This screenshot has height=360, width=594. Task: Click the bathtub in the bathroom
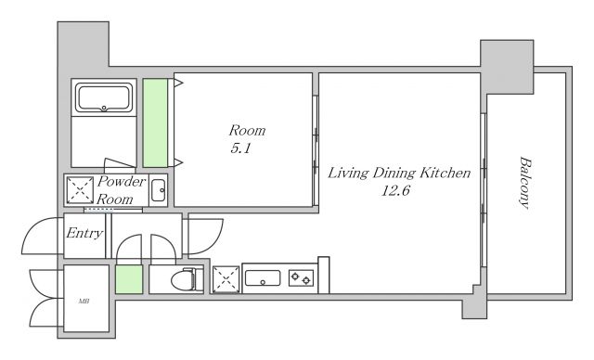pos(104,97)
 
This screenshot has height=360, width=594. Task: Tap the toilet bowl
pos(183,280)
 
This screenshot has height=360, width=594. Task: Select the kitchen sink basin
pos(263,277)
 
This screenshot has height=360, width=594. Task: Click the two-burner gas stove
pos(301,278)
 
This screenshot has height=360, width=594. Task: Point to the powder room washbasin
pos(158,190)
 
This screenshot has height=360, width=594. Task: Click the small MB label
pos(84,302)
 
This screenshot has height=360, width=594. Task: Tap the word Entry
pos(84,233)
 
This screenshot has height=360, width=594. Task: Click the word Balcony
pos(524,183)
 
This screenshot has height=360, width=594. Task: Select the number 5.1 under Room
pos(240,148)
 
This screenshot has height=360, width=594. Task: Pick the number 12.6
pos(395,190)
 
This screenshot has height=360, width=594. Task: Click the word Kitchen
pos(445,173)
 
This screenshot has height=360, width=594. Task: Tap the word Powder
pos(122,181)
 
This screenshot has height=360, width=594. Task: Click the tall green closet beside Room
pos(155,123)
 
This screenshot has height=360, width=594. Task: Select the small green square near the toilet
pos(129,279)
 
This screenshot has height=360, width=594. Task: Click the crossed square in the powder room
pos(80,190)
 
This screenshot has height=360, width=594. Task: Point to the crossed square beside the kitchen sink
pos(226,279)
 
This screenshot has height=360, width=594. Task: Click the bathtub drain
pos(104,109)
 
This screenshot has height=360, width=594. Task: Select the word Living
pos(348,173)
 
